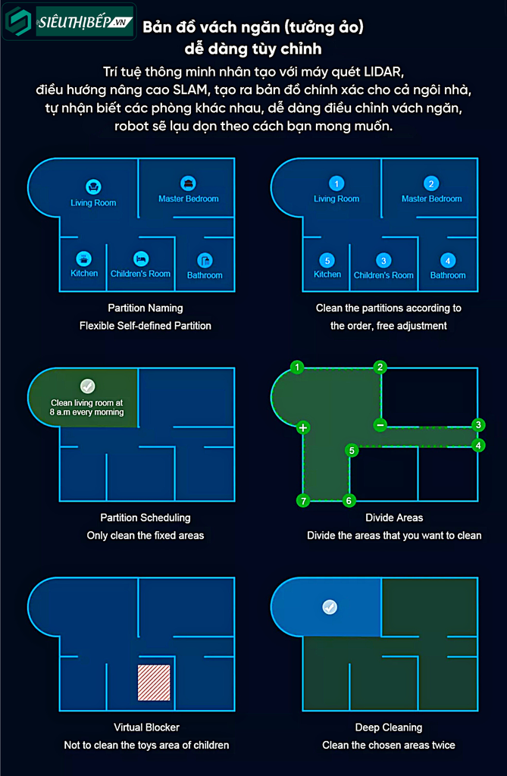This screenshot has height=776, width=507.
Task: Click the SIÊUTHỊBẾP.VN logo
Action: click(x=69, y=22)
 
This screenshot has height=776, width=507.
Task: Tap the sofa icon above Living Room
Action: click(x=93, y=187)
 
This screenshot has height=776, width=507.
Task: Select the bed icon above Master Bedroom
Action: click(x=188, y=183)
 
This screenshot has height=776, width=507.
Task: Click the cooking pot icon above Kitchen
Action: click(x=83, y=258)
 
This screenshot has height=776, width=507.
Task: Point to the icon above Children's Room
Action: click(x=141, y=259)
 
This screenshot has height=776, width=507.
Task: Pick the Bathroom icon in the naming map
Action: click(x=205, y=261)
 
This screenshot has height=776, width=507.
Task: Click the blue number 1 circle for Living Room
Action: click(x=336, y=184)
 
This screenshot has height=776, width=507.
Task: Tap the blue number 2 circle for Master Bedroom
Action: click(x=431, y=184)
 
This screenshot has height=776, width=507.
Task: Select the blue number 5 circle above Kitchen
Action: click(x=327, y=261)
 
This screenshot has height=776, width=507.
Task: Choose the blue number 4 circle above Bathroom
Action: click(x=448, y=261)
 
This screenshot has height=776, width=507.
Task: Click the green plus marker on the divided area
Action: click(x=303, y=427)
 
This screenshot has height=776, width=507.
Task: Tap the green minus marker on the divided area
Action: click(x=380, y=424)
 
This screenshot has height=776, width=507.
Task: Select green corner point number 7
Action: click(x=303, y=501)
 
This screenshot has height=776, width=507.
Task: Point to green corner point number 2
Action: click(x=380, y=368)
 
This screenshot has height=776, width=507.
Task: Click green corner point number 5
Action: click(x=352, y=450)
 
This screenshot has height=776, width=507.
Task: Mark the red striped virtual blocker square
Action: click(x=154, y=683)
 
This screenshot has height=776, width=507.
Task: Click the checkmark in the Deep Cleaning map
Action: click(x=330, y=607)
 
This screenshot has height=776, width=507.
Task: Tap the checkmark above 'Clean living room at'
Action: click(x=88, y=386)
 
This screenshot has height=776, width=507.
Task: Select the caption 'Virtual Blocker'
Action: click(x=146, y=727)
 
